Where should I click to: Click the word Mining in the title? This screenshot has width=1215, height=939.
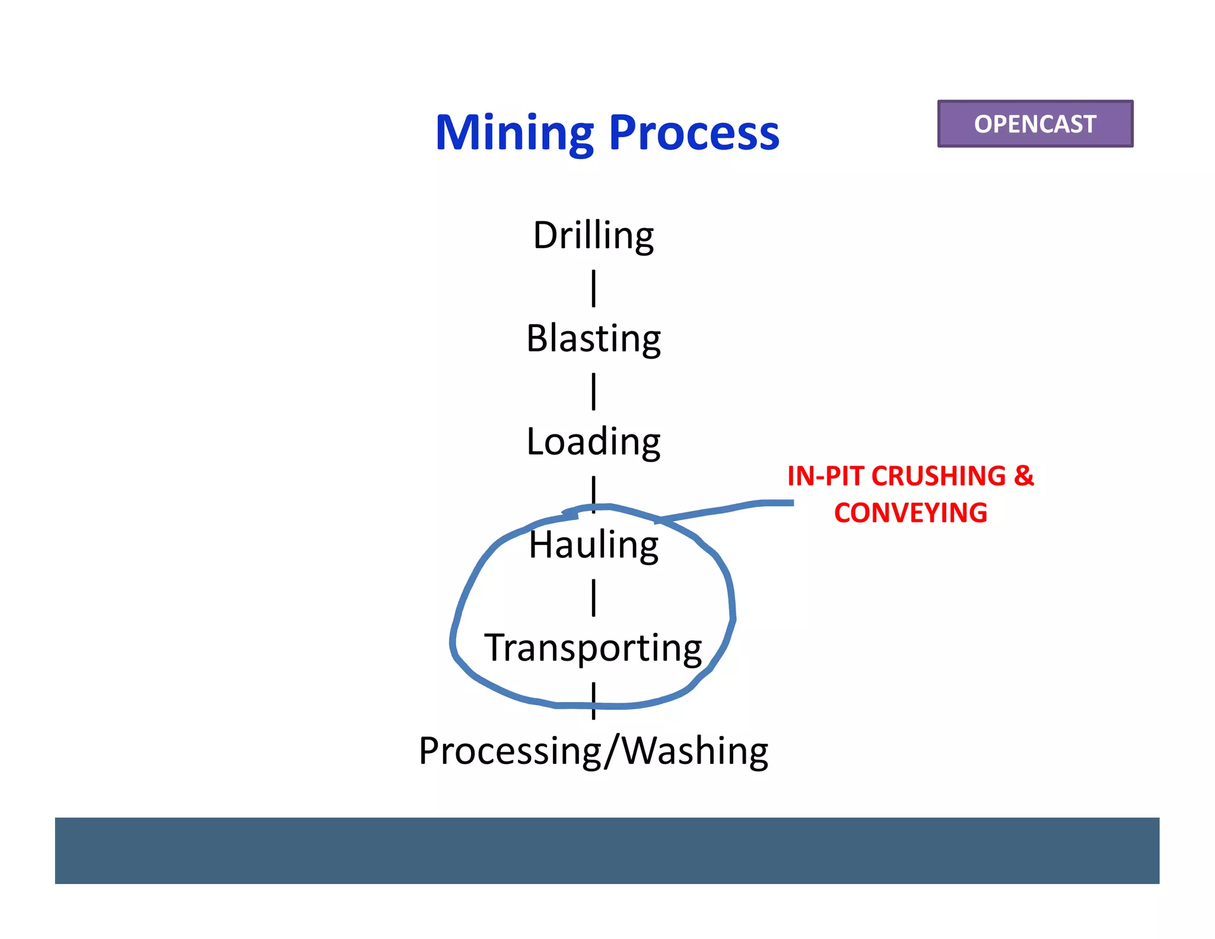(514, 133)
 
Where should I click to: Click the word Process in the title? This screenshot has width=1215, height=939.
(694, 133)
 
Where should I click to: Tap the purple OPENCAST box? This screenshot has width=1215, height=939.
(1035, 124)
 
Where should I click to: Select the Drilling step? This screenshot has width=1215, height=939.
(593, 235)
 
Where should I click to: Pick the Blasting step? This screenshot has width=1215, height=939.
(593, 338)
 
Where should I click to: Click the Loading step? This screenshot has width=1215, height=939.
(593, 442)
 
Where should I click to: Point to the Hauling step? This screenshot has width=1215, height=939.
(593, 545)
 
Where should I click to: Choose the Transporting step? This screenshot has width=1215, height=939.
(593, 648)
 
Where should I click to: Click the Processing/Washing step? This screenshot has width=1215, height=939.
(593, 751)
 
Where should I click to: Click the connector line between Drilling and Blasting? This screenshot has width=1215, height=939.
(593, 288)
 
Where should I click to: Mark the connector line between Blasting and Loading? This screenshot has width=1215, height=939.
(593, 392)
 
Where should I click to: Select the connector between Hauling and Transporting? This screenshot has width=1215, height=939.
(593, 598)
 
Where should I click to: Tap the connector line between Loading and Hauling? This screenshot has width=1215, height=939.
(593, 491)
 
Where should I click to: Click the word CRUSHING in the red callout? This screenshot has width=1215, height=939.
(939, 477)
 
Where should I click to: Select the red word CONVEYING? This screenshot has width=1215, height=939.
(911, 513)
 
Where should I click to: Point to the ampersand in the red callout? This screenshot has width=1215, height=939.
(1024, 477)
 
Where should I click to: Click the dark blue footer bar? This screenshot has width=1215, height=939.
(607, 850)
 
